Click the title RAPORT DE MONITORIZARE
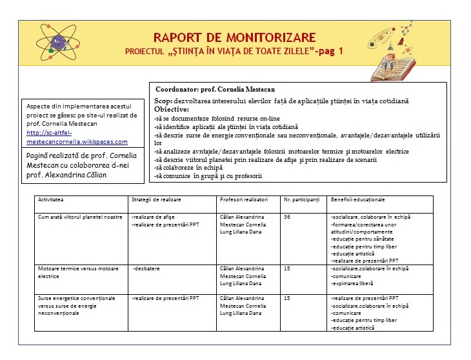coord(234,37)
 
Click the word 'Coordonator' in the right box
coord(178,89)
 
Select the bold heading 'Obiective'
coord(175,109)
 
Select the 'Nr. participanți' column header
coord(301,201)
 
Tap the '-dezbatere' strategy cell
coord(146,268)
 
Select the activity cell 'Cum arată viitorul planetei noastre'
coord(79,217)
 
